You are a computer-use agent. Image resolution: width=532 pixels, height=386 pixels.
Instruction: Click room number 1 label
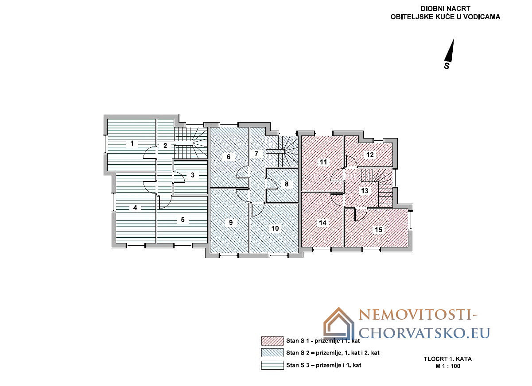[132, 143]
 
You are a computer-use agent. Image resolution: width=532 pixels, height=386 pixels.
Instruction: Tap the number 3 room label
[193, 175]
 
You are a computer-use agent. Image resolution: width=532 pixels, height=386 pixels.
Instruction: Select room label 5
[183, 220]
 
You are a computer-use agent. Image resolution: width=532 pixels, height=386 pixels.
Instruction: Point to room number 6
[229, 157]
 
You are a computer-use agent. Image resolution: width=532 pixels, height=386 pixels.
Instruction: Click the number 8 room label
[287, 184]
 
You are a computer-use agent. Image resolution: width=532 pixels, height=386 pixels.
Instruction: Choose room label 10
[275, 228]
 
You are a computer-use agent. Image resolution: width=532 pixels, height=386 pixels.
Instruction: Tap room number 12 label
[370, 155]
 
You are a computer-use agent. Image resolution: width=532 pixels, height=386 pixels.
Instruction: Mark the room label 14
[323, 223]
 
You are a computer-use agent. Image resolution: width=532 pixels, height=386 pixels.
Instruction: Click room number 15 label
[379, 230]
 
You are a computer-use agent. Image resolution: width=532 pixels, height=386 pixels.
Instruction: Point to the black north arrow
[450, 50]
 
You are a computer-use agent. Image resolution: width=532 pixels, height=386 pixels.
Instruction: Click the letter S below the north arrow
[447, 66]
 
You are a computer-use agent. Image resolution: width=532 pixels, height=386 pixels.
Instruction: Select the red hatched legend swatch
[272, 341]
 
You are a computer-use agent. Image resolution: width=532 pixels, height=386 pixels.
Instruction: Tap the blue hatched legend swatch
[272, 353]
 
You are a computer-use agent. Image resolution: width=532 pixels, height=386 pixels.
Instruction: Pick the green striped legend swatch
[272, 365]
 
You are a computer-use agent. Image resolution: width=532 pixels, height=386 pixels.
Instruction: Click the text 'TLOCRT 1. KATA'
[448, 359]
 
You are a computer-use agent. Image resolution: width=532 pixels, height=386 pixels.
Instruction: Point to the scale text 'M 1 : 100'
[448, 366]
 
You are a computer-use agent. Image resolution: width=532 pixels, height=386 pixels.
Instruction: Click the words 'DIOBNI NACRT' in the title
[446, 8]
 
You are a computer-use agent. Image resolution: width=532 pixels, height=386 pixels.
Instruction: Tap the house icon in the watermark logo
[339, 324]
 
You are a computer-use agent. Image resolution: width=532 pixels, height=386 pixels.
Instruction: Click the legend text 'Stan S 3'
[298, 365]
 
